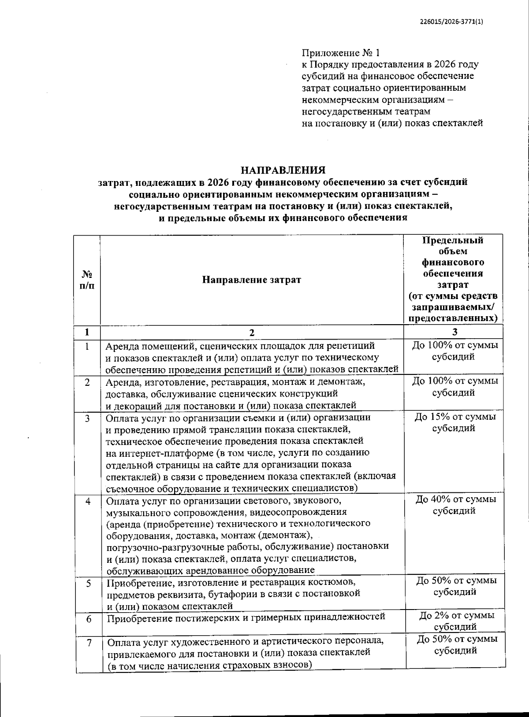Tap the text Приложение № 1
pyautogui.click(x=340, y=53)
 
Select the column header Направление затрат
pyautogui.click(x=251, y=280)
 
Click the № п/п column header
pyautogui.click(x=87, y=280)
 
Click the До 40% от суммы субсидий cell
pyautogui.click(x=455, y=505)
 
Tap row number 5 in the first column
pyautogui.click(x=89, y=583)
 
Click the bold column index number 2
pyautogui.click(x=252, y=333)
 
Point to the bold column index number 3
pyautogui.click(x=454, y=332)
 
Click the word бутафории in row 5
pyautogui.click(x=247, y=594)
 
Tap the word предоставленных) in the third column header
pyautogui.click(x=454, y=318)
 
